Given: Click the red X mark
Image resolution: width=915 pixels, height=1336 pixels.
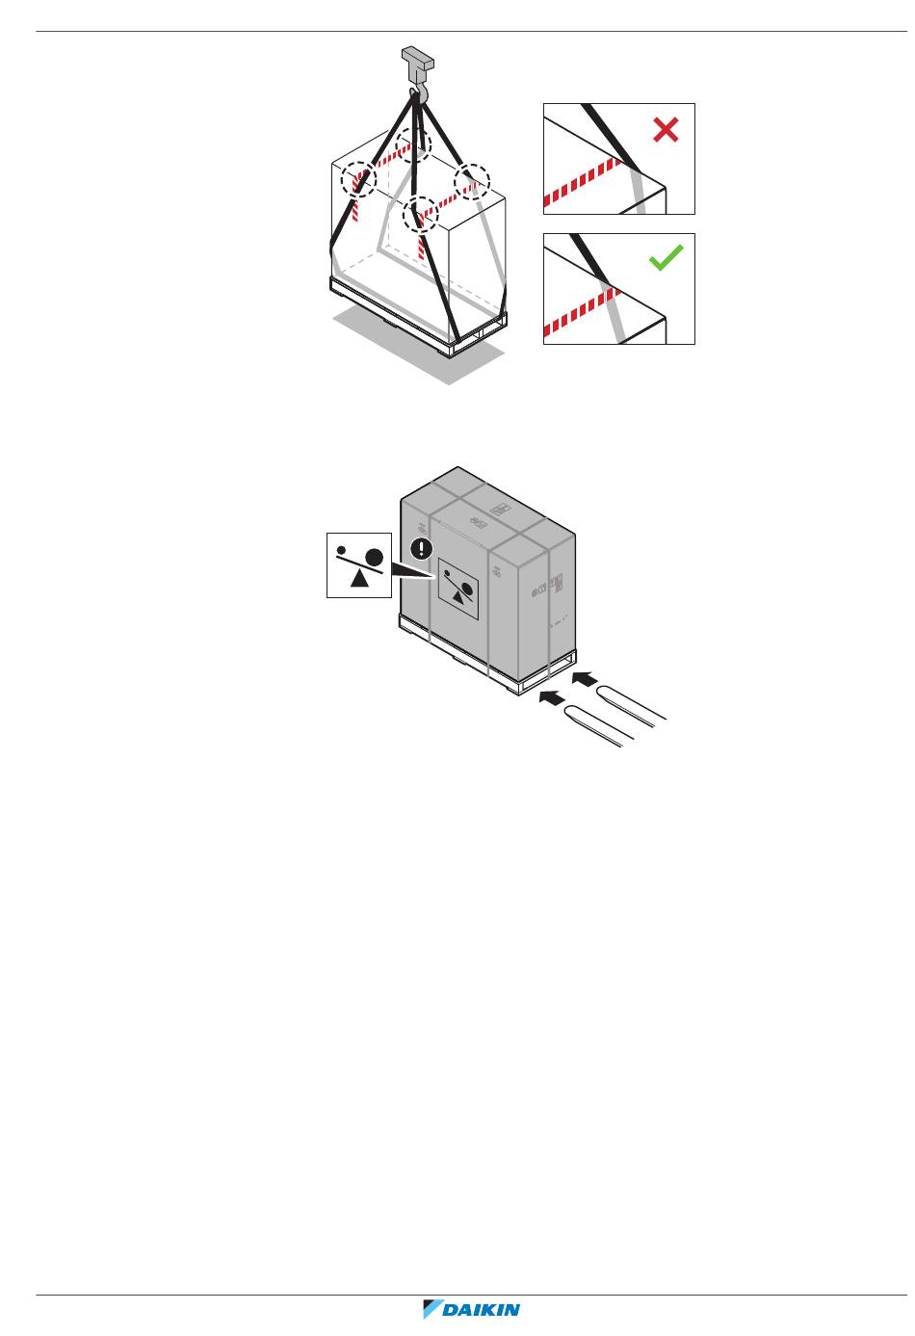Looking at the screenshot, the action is [x=666, y=130].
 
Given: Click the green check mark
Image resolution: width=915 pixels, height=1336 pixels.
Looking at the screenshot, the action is [x=666, y=258].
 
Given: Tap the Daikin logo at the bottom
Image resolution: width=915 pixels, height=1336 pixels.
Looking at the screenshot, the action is [x=472, y=1310].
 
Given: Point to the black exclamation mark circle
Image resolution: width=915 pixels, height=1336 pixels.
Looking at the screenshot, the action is [x=422, y=549].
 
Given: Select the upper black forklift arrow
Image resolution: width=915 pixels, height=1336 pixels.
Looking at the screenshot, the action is [x=585, y=680].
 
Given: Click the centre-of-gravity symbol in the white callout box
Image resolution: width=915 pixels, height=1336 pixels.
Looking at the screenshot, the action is [x=359, y=565].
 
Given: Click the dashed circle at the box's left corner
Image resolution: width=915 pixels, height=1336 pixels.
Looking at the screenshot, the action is [x=357, y=179].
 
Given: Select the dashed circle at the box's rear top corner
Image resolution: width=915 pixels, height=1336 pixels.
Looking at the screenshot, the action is [x=415, y=143].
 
